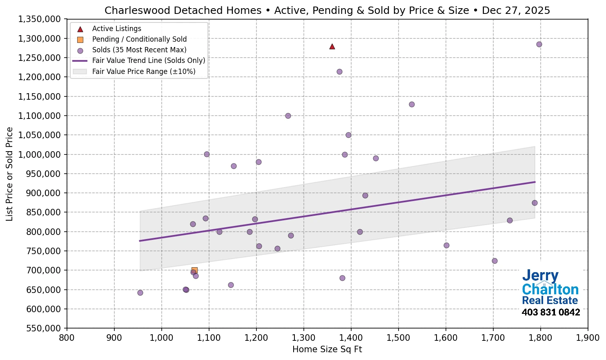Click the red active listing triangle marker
coord(332,47)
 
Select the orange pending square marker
coord(194,271)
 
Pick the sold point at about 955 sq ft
coord(140,293)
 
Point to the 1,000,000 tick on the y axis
coord(40,154)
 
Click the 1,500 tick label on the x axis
coord(398,338)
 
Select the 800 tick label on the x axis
coord(67,338)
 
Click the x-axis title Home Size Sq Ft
coord(327,349)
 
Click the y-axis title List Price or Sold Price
coord(9,174)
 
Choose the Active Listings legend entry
coord(116,29)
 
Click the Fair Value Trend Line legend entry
coord(148,60)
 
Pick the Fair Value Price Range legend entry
coord(143,72)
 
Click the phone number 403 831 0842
coord(550,313)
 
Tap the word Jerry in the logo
coord(540,276)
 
